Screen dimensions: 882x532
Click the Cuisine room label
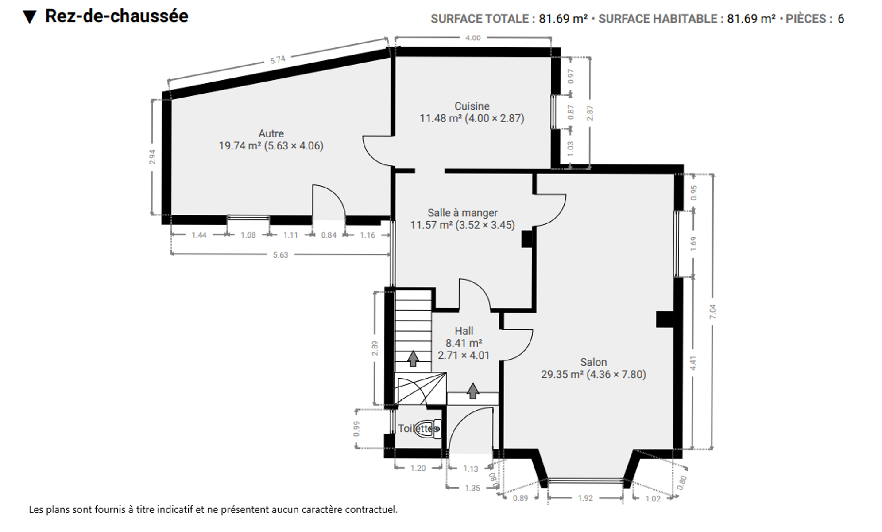click(x=472, y=106)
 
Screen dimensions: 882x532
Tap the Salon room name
click(x=593, y=362)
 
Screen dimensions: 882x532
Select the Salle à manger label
click(x=462, y=213)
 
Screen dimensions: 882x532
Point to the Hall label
click(x=464, y=331)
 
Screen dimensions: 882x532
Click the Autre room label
click(x=271, y=133)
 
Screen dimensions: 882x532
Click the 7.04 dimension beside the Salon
click(x=712, y=312)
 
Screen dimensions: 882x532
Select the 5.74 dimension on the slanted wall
click(x=278, y=60)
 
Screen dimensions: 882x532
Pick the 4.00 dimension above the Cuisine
click(x=473, y=38)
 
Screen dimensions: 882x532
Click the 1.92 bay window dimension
click(x=585, y=498)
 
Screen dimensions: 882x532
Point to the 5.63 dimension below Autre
click(x=280, y=255)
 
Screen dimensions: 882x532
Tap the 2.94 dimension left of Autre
click(x=152, y=157)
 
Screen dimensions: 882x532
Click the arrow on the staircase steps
click(x=413, y=358)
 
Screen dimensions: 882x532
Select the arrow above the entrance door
click(x=473, y=391)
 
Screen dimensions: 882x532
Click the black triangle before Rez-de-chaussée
click(x=30, y=17)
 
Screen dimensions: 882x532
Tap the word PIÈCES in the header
click(x=806, y=19)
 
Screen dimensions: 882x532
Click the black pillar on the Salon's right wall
click(x=664, y=319)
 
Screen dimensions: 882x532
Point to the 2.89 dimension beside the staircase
click(x=375, y=348)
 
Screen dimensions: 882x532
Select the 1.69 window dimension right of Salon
click(x=693, y=243)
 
